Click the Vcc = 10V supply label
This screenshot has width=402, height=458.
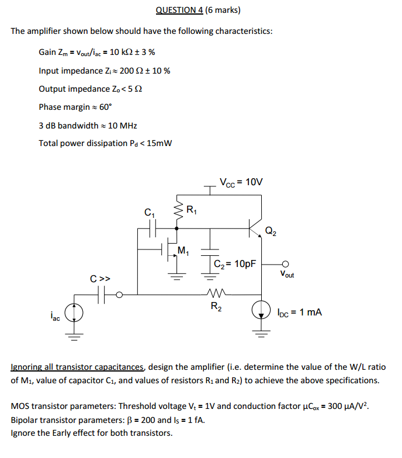[x=241, y=182]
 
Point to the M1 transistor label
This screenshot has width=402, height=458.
[x=183, y=252]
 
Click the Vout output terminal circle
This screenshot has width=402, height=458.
[x=286, y=264]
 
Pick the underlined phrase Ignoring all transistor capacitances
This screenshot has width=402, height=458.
[x=78, y=367]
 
